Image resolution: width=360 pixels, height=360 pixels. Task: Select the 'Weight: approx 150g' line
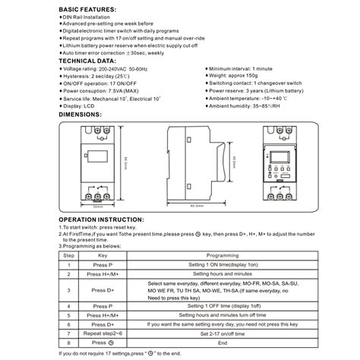[x=236, y=75]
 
